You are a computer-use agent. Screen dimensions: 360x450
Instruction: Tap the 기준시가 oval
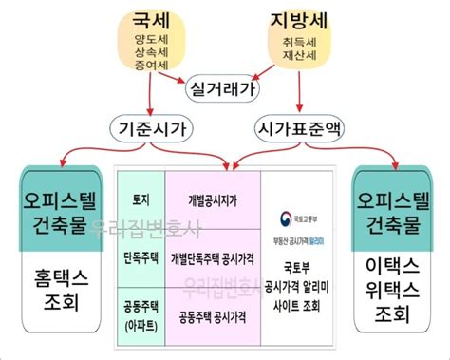(151, 127)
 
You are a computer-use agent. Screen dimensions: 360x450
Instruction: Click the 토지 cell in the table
(140, 200)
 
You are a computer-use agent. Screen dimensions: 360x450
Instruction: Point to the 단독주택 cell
(140, 256)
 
